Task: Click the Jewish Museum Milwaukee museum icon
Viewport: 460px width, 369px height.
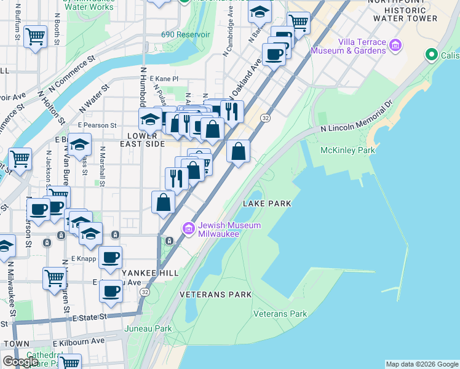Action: click(x=188, y=229)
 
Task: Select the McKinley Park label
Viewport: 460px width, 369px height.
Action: click(x=339, y=150)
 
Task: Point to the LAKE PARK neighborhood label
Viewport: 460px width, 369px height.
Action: click(x=266, y=203)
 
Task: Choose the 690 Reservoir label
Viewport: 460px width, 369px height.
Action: click(x=181, y=34)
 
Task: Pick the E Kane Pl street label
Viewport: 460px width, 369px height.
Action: click(x=164, y=79)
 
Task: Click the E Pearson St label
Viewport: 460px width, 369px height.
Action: click(x=97, y=125)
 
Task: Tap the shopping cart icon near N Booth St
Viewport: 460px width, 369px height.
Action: click(x=36, y=37)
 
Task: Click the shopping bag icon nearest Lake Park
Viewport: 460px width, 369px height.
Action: click(x=238, y=151)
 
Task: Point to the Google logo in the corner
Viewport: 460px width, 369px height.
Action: click(x=20, y=362)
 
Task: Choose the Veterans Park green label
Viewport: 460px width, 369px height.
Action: click(x=280, y=314)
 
